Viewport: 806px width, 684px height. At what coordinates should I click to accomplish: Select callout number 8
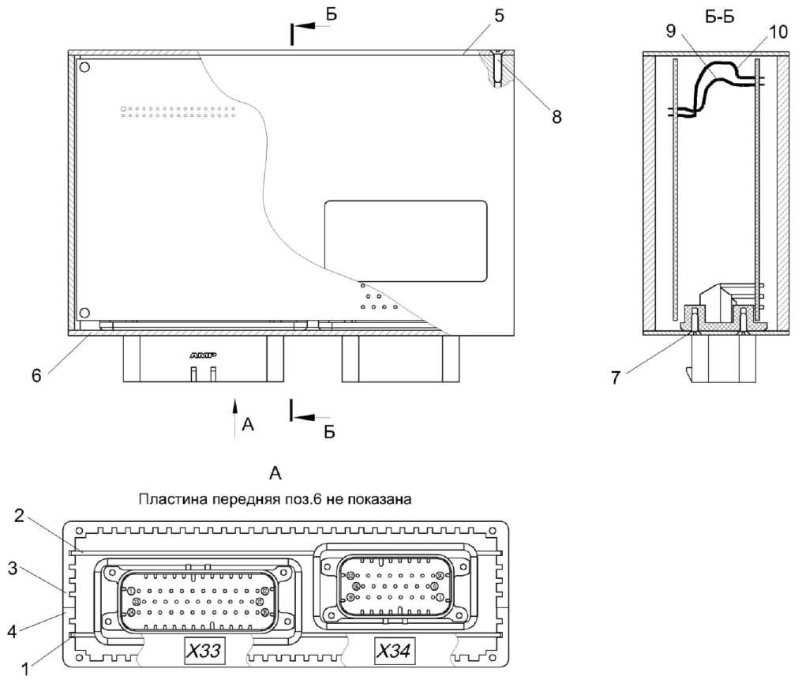point(557,116)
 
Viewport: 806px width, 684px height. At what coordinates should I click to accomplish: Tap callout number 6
point(36,375)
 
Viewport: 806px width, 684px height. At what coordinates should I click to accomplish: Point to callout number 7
point(616,377)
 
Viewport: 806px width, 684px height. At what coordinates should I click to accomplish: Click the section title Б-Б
point(720,18)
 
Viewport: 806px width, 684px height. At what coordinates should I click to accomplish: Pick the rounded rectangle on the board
point(406,241)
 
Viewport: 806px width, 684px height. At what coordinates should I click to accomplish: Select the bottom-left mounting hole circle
point(85,313)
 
